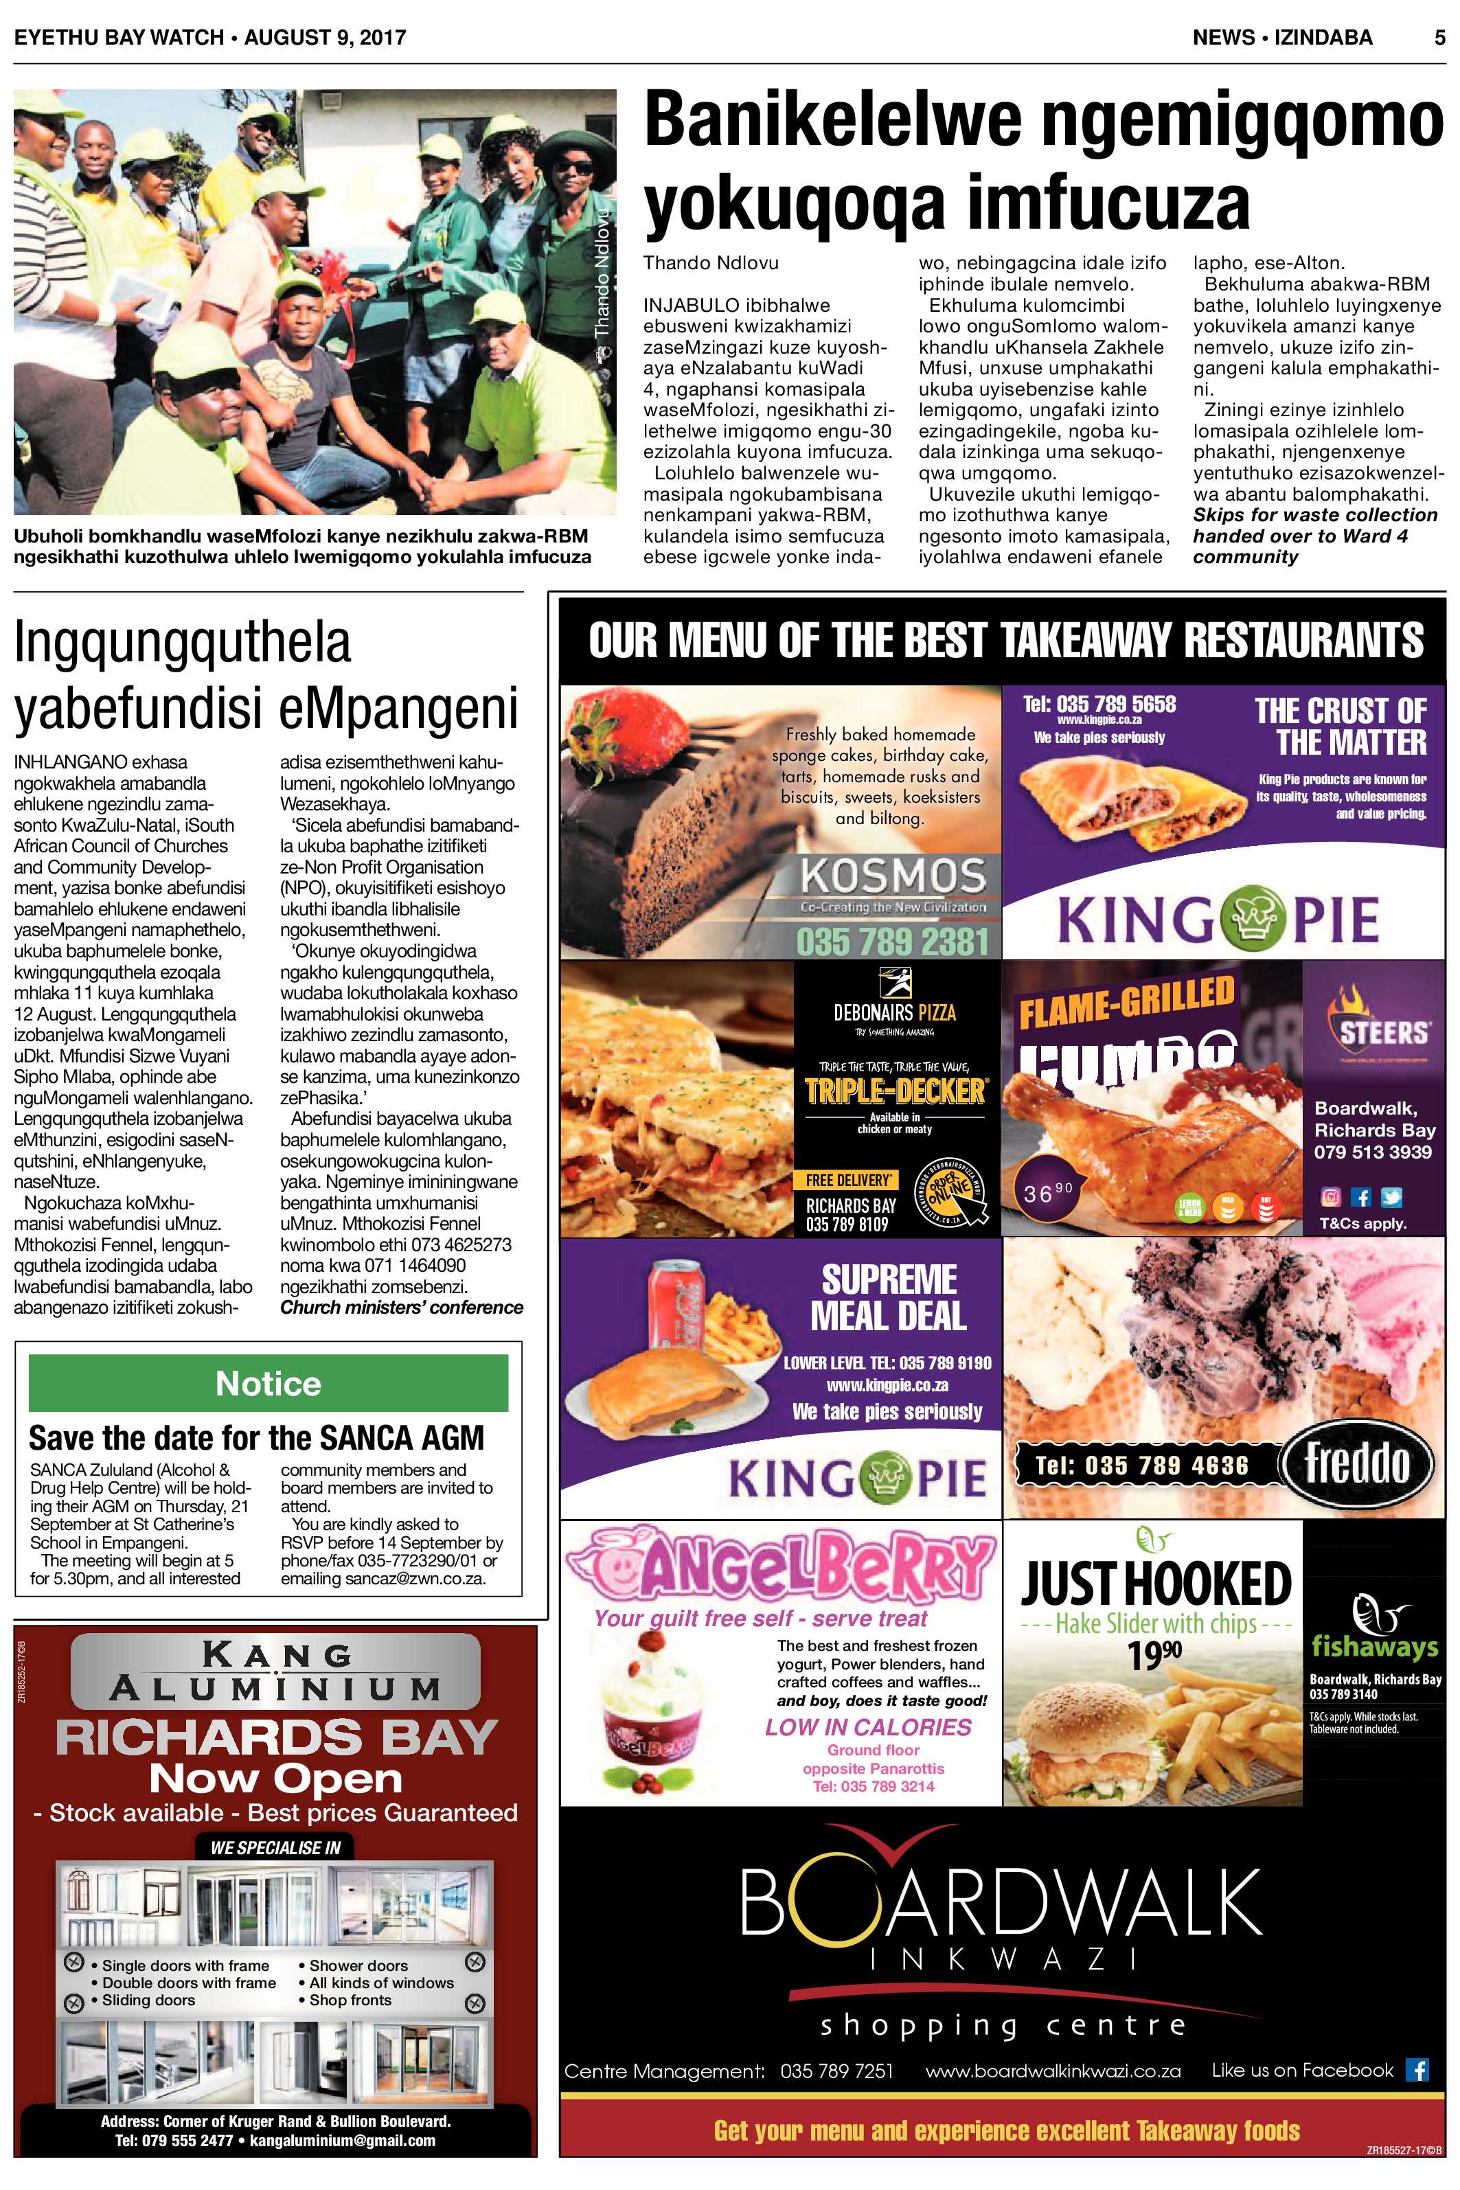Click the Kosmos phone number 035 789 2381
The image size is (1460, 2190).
click(x=892, y=942)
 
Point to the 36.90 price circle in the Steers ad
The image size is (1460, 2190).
click(x=1047, y=1192)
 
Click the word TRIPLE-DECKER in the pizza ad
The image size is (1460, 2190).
click(x=894, y=1091)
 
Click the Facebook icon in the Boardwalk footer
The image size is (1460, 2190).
click(x=1418, y=2070)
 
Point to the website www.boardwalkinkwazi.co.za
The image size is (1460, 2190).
click(x=1052, y=2071)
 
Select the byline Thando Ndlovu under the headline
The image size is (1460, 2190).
click(x=711, y=262)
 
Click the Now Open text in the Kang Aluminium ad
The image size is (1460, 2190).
click(x=275, y=1779)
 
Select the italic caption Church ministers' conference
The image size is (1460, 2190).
click(x=401, y=1308)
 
